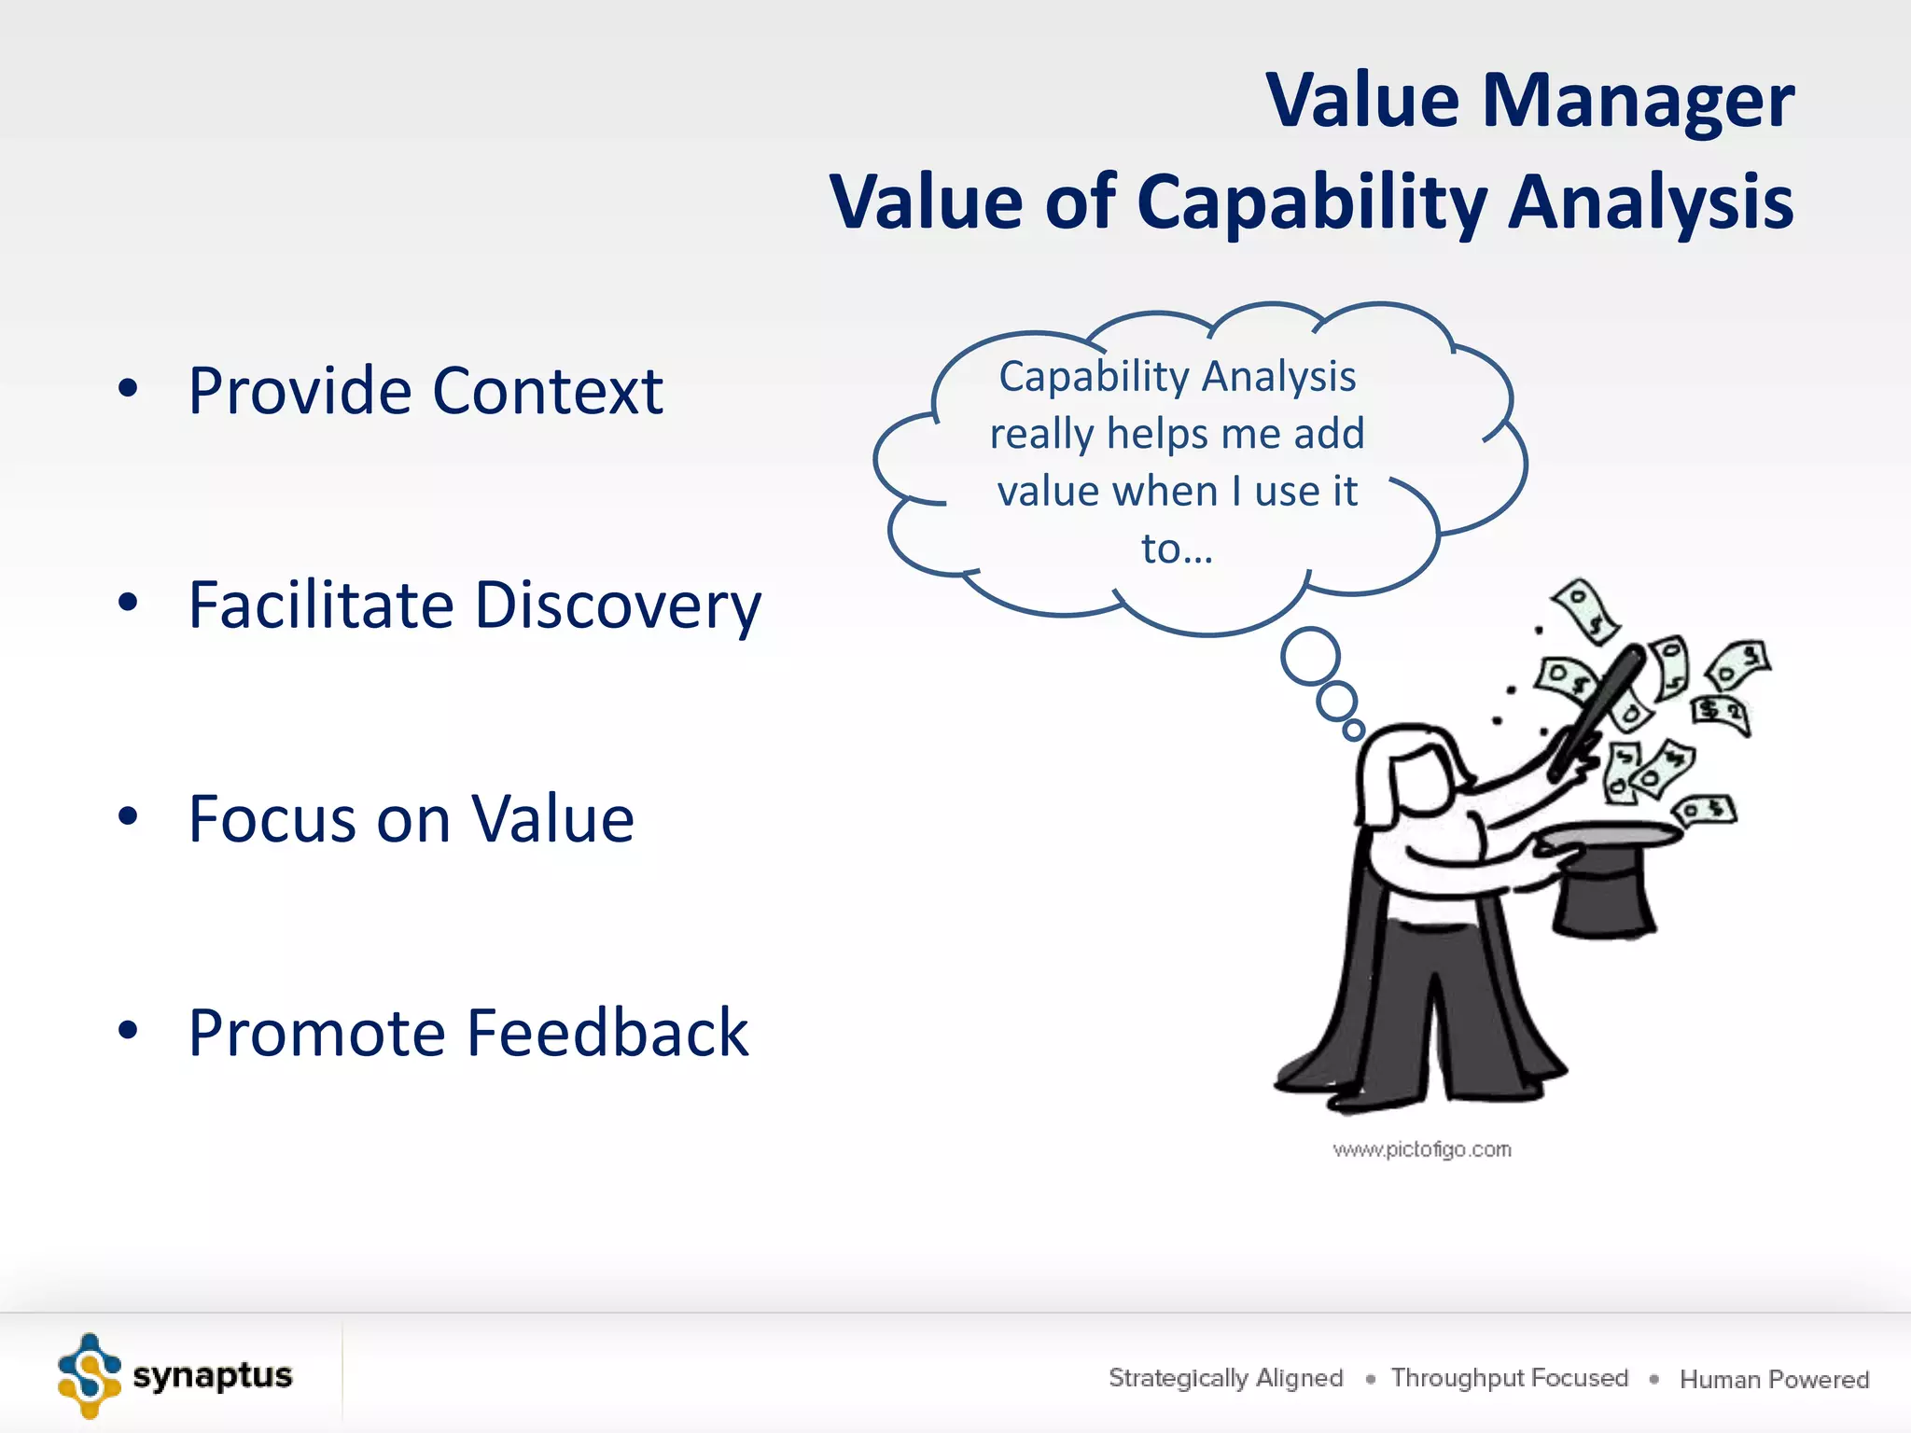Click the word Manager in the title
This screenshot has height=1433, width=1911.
tap(1638, 101)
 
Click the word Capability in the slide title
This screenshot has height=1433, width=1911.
tap(1311, 202)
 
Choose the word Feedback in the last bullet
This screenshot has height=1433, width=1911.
tap(607, 1033)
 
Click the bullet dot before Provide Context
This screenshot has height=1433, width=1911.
tap(128, 388)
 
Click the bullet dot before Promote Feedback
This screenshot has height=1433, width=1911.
tap(128, 1030)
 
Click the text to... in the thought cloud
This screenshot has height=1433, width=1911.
tap(1177, 549)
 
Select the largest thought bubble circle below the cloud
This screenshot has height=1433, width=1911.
tap(1310, 657)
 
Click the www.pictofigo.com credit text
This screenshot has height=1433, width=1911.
tap(1421, 1149)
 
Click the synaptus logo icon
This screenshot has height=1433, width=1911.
tap(90, 1375)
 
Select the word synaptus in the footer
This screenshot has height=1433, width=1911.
tap(213, 1375)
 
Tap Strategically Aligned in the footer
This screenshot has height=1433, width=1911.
tap(1225, 1378)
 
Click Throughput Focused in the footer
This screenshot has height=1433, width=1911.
tap(1509, 1378)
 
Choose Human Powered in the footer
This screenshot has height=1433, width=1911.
tap(1774, 1379)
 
